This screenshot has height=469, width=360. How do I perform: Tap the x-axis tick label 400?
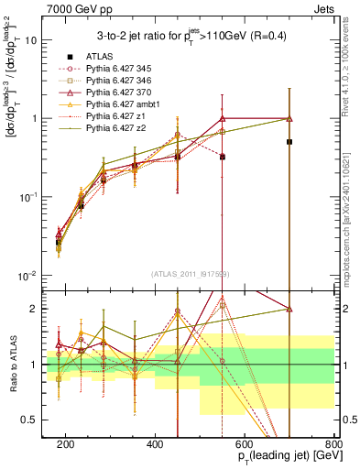155,443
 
